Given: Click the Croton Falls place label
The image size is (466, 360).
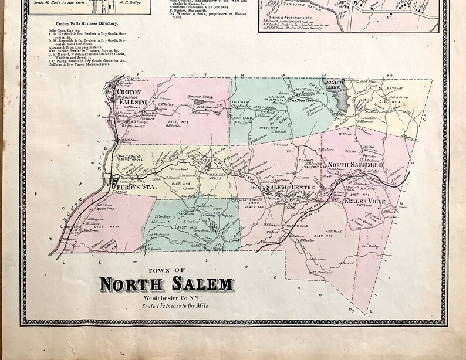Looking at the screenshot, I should [128, 96].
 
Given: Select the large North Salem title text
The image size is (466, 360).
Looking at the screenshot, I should [166, 284].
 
